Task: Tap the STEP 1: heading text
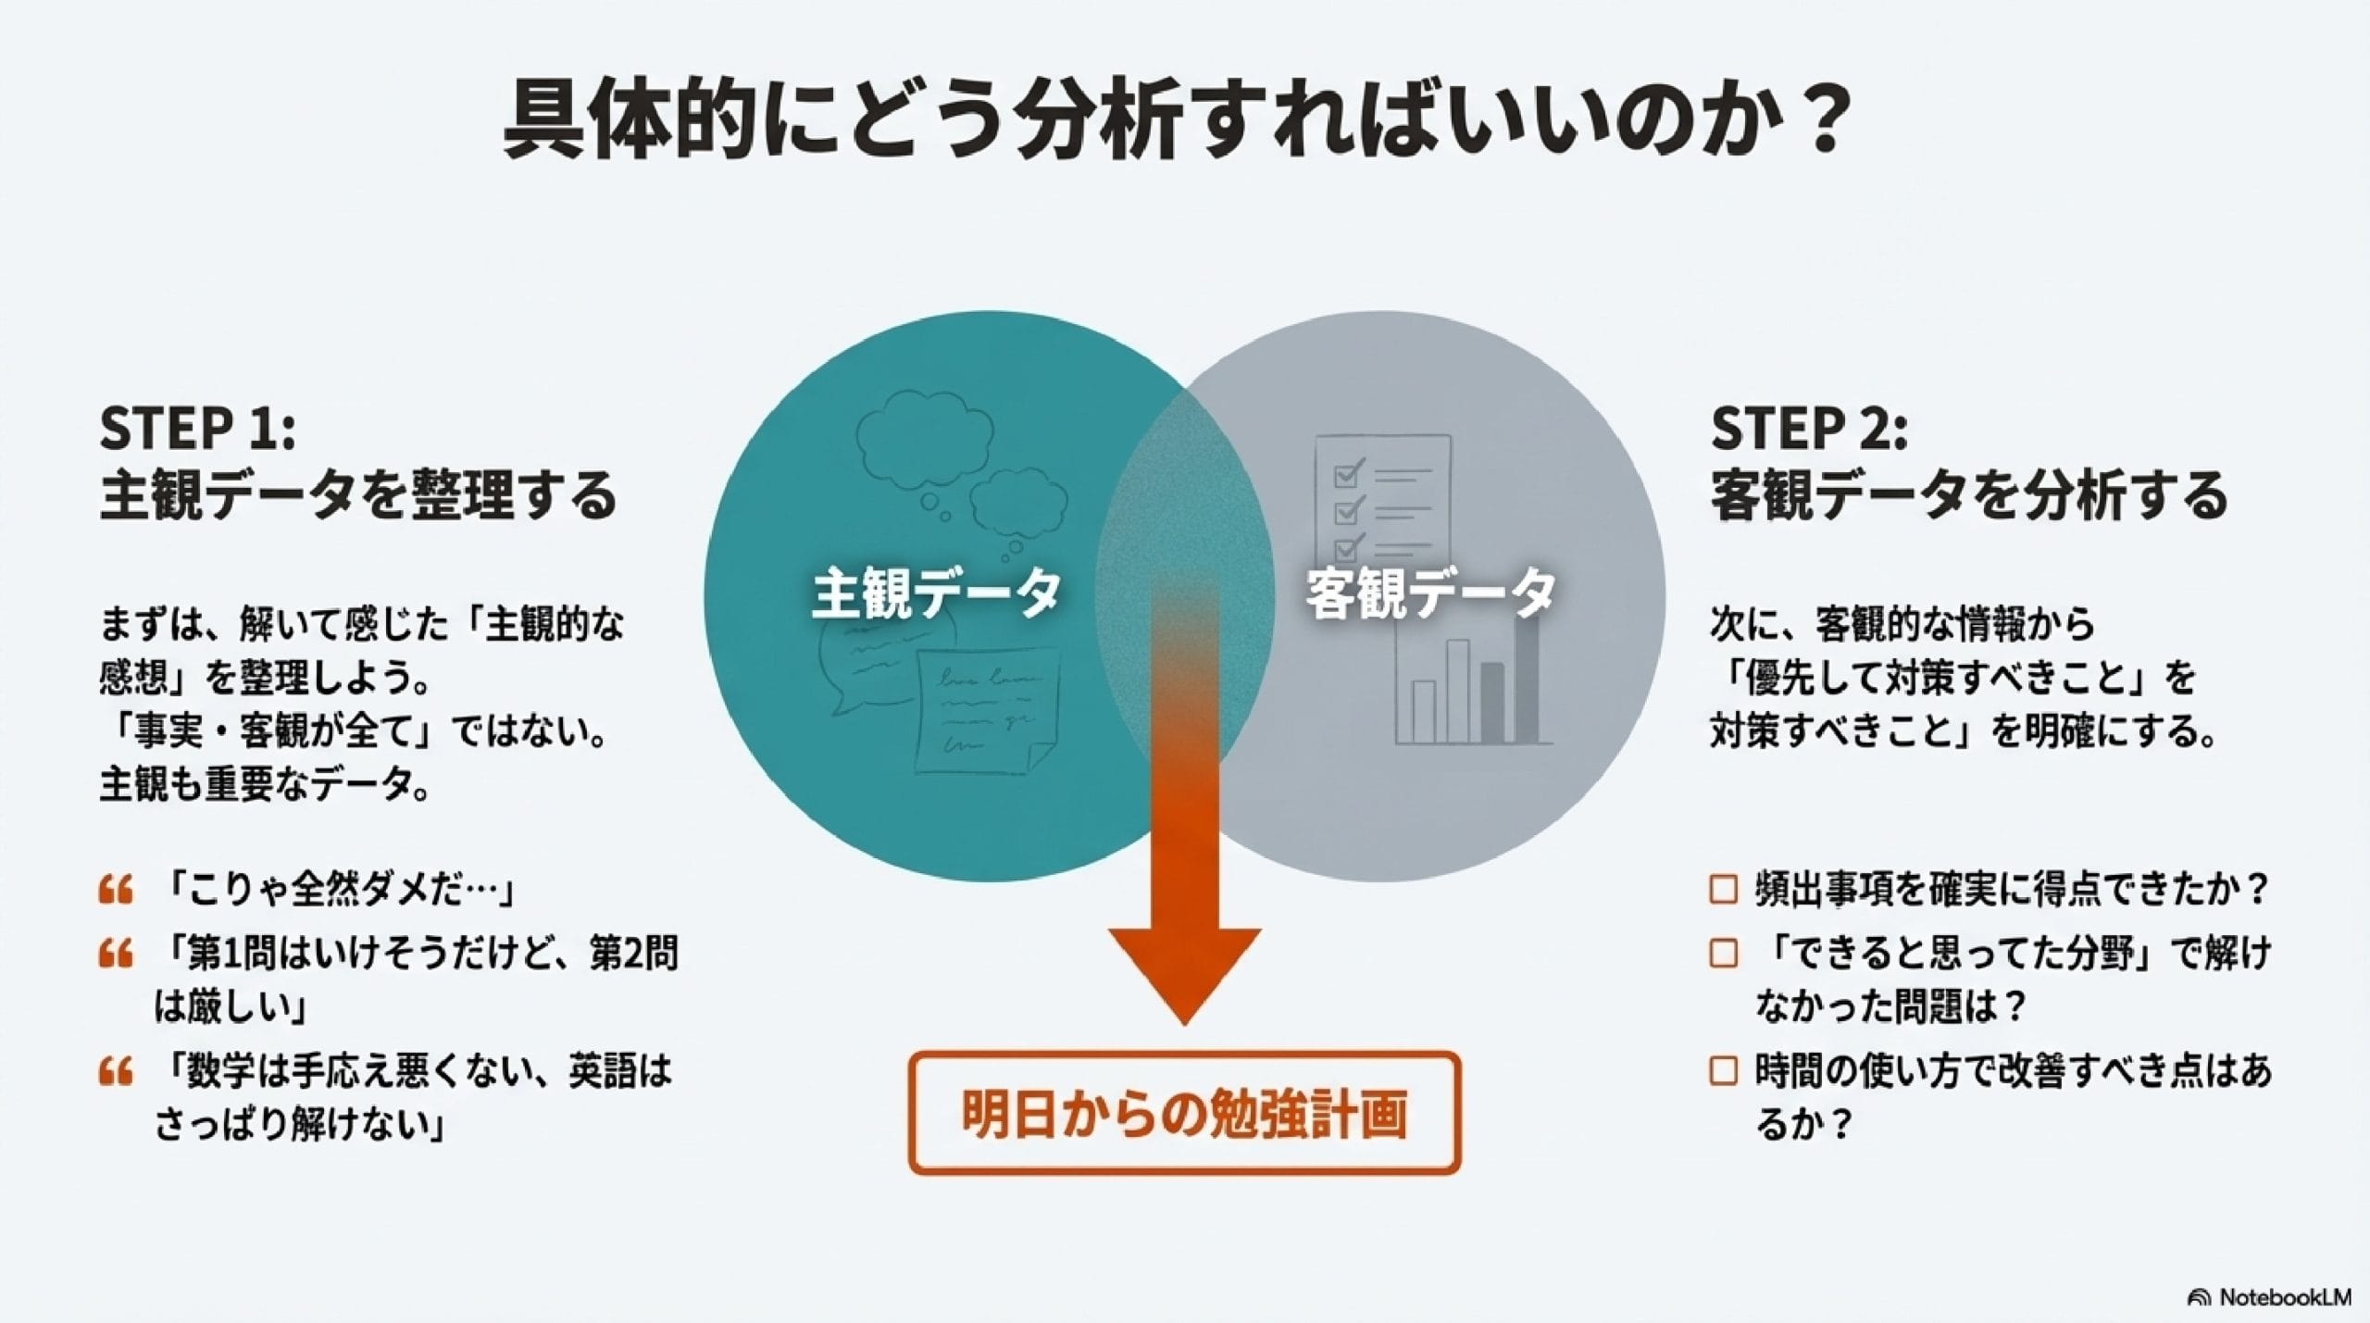(197, 429)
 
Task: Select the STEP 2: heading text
(1809, 429)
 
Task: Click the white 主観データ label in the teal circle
(936, 593)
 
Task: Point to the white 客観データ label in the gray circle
(1430, 593)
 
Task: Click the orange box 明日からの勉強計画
(1184, 1114)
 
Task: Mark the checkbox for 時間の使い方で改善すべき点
(1723, 1071)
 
